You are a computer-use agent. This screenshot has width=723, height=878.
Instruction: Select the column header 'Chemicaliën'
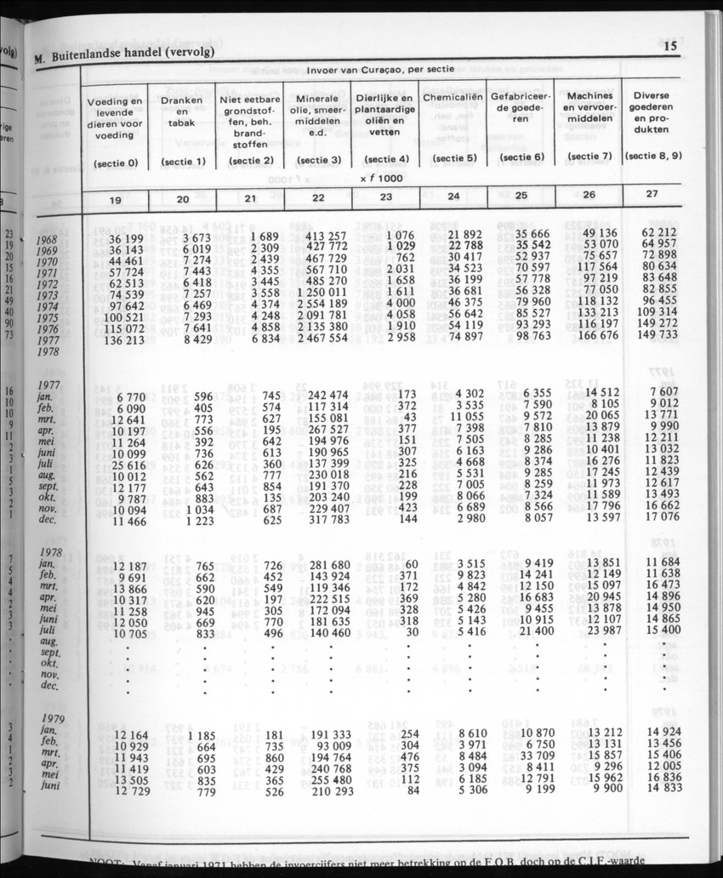(x=453, y=98)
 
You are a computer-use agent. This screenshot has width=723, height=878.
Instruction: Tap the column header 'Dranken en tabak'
(x=181, y=110)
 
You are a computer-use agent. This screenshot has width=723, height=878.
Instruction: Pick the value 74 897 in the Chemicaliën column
(x=464, y=336)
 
